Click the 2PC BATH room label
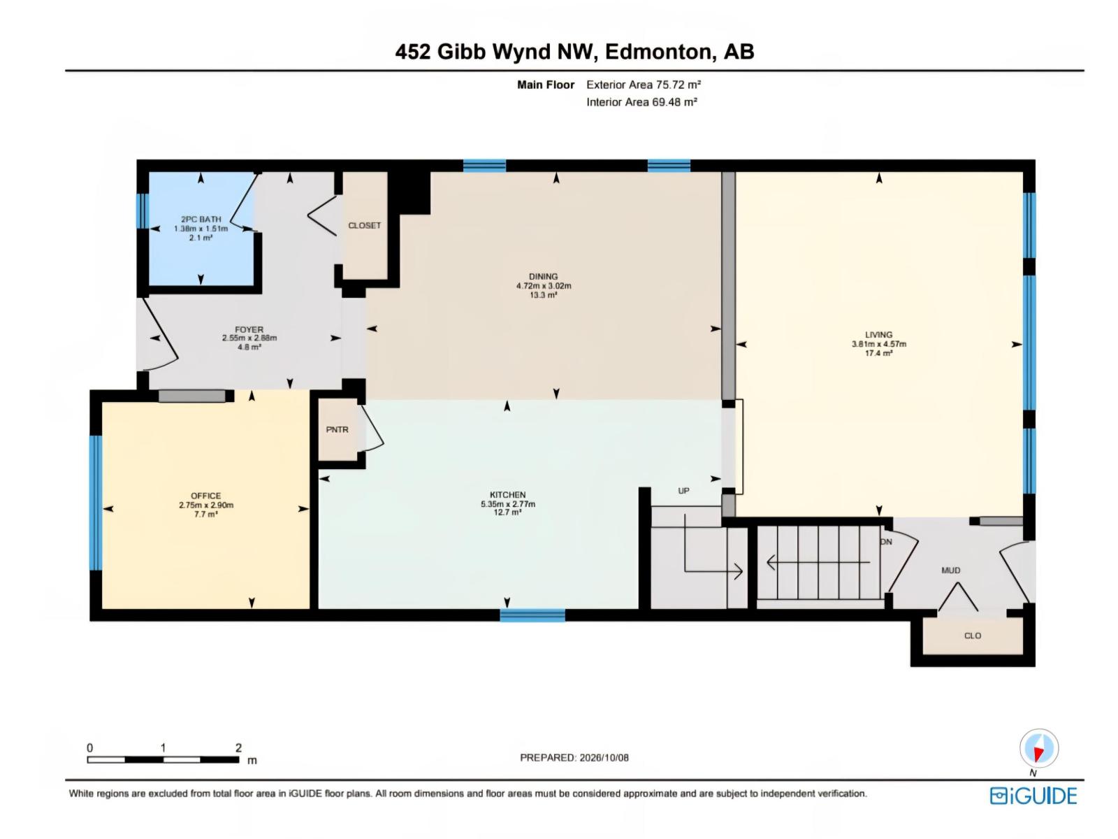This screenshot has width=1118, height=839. pos(201,220)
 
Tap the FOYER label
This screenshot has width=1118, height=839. pos(249,329)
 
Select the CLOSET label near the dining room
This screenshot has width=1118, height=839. pos(364,225)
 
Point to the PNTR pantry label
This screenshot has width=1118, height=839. pos(337,429)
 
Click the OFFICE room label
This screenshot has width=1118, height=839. pos(205,496)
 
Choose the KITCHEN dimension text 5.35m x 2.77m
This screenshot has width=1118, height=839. pos(508,504)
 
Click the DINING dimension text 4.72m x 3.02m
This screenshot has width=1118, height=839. pos(544,286)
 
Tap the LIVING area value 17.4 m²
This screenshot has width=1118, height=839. pos(878,353)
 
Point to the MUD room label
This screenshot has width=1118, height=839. pos(950,570)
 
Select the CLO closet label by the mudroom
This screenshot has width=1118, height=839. pos(973,636)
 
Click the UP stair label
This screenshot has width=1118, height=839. pos(683,491)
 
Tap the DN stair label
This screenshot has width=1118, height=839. pos(886,541)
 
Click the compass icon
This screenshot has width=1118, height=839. pos(1038,748)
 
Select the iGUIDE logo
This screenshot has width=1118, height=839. pos(1033,796)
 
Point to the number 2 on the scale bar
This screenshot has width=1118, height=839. pos(238,748)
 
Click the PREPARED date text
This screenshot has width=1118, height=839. pos(574,757)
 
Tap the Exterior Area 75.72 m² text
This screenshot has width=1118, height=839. pos(644,85)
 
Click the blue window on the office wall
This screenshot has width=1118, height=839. pos(95,502)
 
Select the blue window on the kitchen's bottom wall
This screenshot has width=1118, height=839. pos(532,615)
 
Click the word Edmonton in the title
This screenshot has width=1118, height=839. pos(658,52)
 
